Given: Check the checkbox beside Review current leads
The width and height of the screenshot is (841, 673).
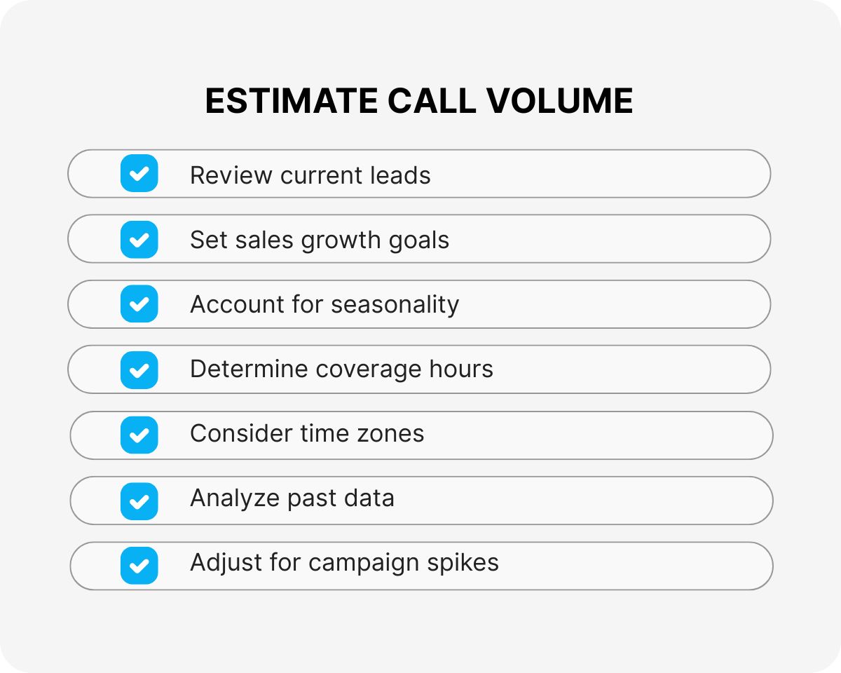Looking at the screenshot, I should click(139, 173).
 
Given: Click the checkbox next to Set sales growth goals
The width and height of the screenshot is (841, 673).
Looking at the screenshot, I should click(139, 239).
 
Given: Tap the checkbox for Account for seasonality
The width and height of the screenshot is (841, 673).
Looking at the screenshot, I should click(139, 304).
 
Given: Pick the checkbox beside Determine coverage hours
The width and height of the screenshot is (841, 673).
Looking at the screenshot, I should click(139, 369).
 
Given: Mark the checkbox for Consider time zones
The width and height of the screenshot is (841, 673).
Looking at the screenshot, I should click(139, 435).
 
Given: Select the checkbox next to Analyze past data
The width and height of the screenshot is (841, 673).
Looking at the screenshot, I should click(139, 501).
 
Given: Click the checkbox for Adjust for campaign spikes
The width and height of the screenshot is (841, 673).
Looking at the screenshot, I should click(139, 565).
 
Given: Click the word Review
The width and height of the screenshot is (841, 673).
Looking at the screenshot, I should click(231, 175).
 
